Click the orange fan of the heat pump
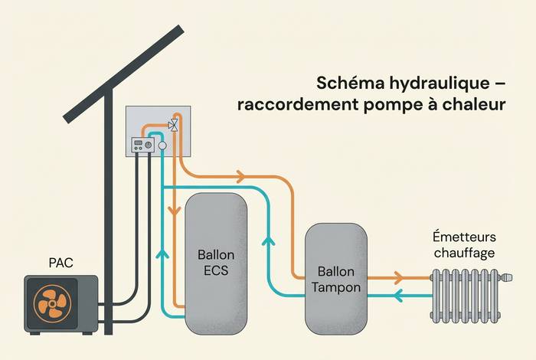coord(52,303)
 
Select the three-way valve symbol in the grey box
coord(174,124)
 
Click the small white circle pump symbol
coord(162,146)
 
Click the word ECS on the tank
coord(217,270)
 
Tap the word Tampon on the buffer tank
coord(337,286)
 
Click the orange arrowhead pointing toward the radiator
coord(399,277)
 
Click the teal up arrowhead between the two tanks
coord(268,242)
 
